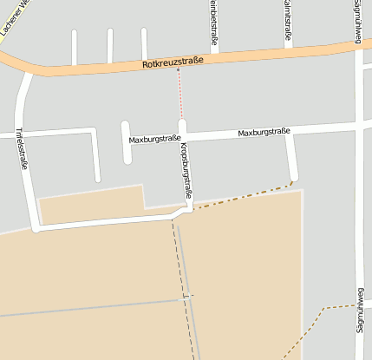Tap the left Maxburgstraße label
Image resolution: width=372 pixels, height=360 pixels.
[154, 139]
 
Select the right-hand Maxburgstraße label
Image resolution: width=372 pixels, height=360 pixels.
[264, 133]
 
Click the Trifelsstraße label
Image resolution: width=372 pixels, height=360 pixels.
[22, 147]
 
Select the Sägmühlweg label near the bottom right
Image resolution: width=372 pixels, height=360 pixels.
[359, 310]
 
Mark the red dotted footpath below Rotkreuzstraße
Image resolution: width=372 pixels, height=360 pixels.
[180, 94]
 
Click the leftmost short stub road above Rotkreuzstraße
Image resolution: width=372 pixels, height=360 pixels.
[75, 48]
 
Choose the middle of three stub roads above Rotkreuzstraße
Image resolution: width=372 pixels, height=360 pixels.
[110, 47]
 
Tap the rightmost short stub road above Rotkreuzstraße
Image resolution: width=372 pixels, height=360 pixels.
[144, 46]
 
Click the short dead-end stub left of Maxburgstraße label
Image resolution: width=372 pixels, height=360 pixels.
[127, 143]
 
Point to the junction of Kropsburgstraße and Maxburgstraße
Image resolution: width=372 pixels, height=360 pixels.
[182, 136]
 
